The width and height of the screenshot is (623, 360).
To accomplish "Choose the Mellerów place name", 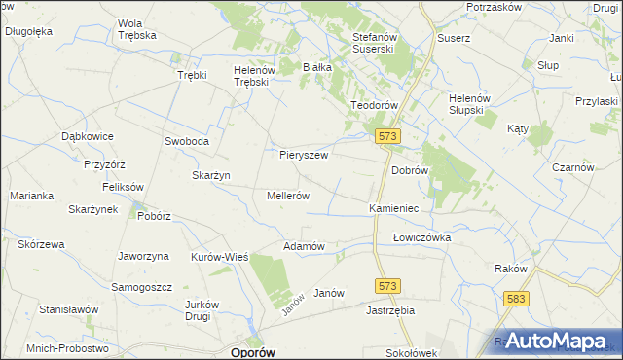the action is click(288, 195).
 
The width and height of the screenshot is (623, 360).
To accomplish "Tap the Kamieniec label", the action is click(393, 208).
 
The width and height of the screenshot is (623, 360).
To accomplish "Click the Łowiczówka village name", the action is click(422, 236).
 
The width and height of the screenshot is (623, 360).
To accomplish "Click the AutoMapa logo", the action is click(557, 342).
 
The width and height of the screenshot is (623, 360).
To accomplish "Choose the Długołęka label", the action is click(28, 31).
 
